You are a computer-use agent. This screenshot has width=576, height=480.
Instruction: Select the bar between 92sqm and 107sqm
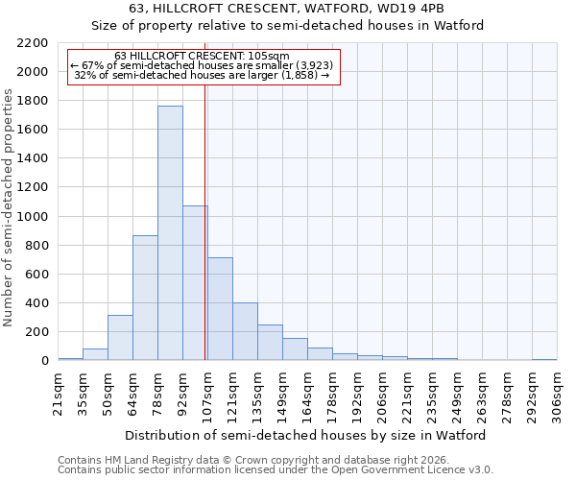click(x=195, y=283)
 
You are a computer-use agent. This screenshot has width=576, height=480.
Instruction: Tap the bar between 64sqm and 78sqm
click(x=145, y=298)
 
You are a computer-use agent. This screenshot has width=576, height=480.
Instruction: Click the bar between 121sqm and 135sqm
click(x=245, y=331)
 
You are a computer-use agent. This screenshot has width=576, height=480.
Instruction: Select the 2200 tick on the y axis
click(x=36, y=43)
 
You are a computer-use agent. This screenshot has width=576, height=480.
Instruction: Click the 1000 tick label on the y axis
click(x=36, y=217)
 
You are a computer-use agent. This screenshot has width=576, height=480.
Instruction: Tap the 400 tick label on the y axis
click(x=39, y=303)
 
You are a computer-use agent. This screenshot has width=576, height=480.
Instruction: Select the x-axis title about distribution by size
click(x=306, y=435)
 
